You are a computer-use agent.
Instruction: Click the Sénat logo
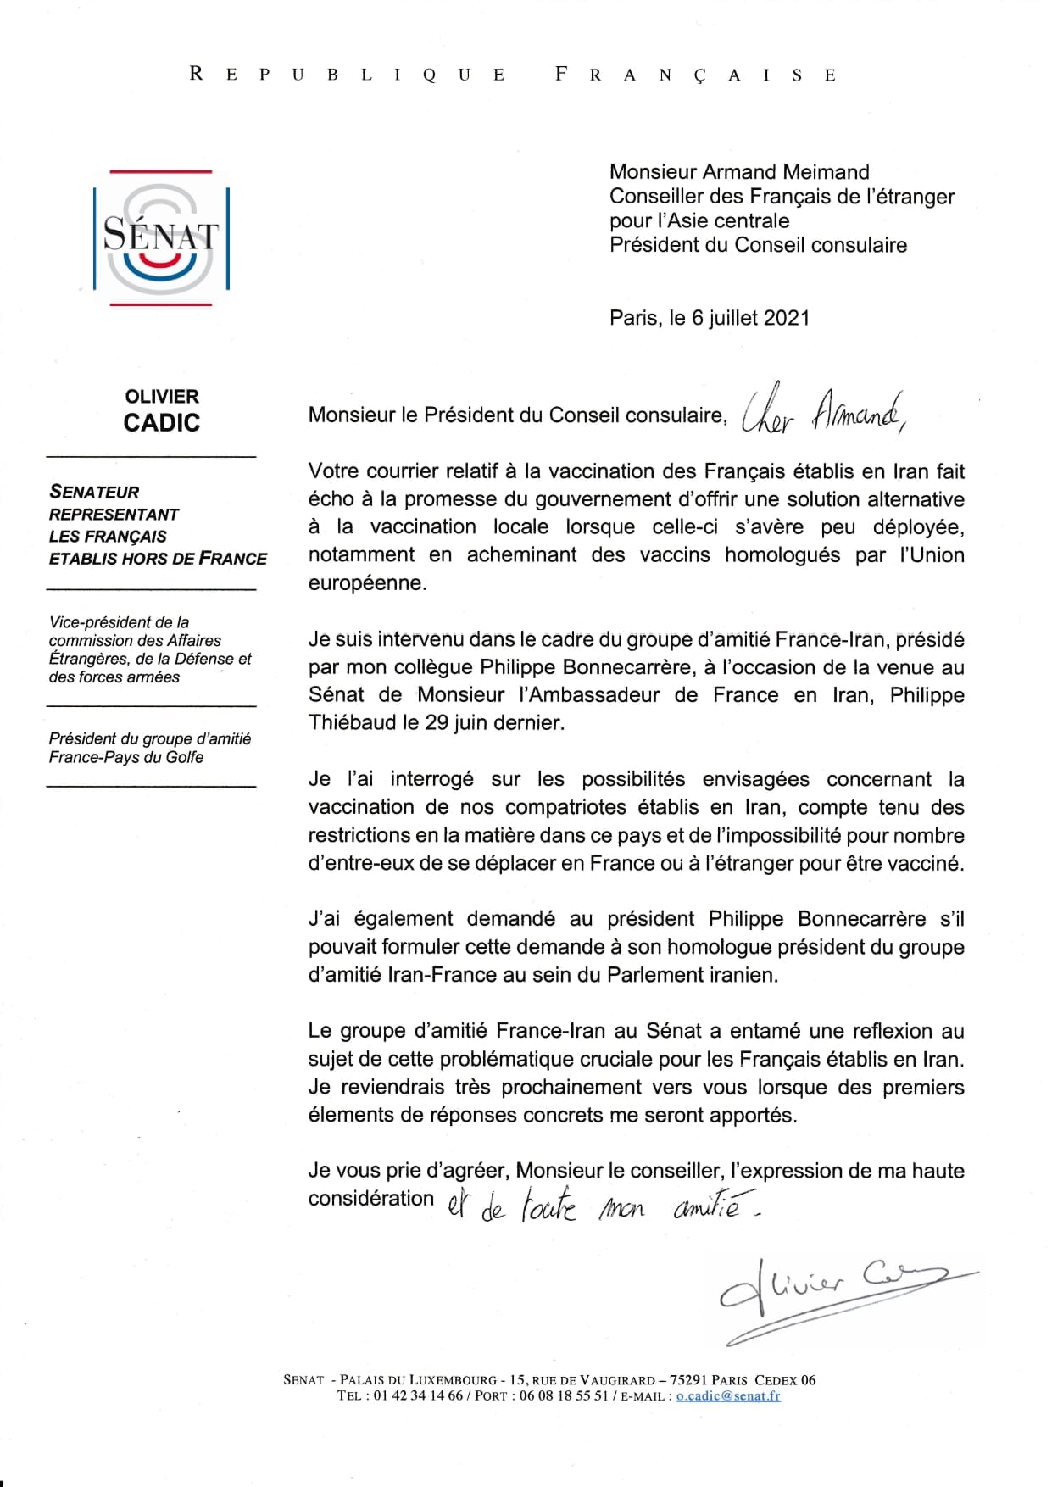pyautogui.click(x=161, y=237)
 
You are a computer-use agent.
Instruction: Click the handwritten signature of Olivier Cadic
pyautogui.click(x=835, y=1298)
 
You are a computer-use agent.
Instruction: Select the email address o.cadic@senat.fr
pyautogui.click(x=728, y=1395)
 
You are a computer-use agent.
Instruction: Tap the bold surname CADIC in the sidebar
pyautogui.click(x=162, y=422)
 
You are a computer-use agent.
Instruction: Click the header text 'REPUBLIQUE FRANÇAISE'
pyautogui.click(x=514, y=75)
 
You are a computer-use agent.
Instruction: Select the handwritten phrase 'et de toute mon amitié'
pyautogui.click(x=602, y=1206)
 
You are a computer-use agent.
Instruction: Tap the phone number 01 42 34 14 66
pyautogui.click(x=418, y=1395)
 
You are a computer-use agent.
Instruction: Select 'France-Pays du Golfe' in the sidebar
pyautogui.click(x=126, y=757)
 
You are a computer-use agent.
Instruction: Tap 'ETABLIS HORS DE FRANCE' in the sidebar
pyautogui.click(x=158, y=559)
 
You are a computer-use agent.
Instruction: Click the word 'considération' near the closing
pyautogui.click(x=371, y=1198)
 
